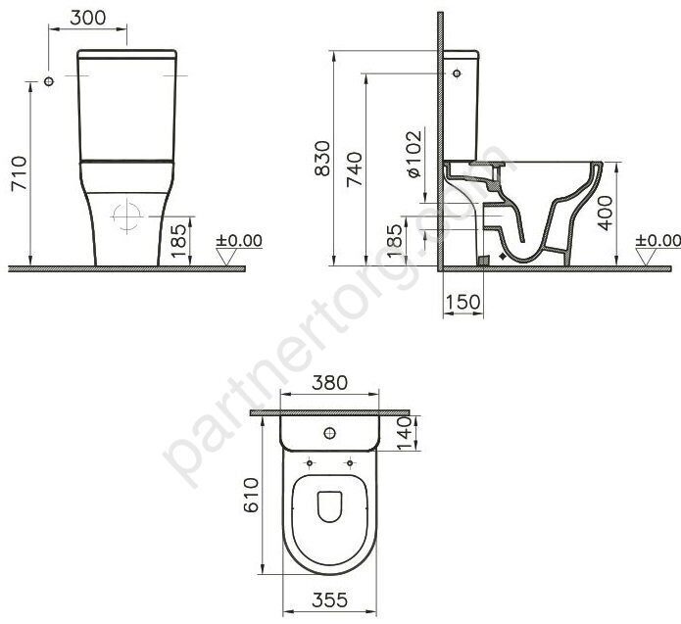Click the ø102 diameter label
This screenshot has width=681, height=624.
pos(413,154)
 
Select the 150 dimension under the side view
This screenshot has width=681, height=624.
pos(462,302)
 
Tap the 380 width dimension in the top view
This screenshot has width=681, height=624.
pos(328,384)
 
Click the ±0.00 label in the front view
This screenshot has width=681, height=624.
pos(239,240)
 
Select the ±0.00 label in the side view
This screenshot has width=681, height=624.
pos(657,240)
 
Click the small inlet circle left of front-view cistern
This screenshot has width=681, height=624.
pos(47,81)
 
